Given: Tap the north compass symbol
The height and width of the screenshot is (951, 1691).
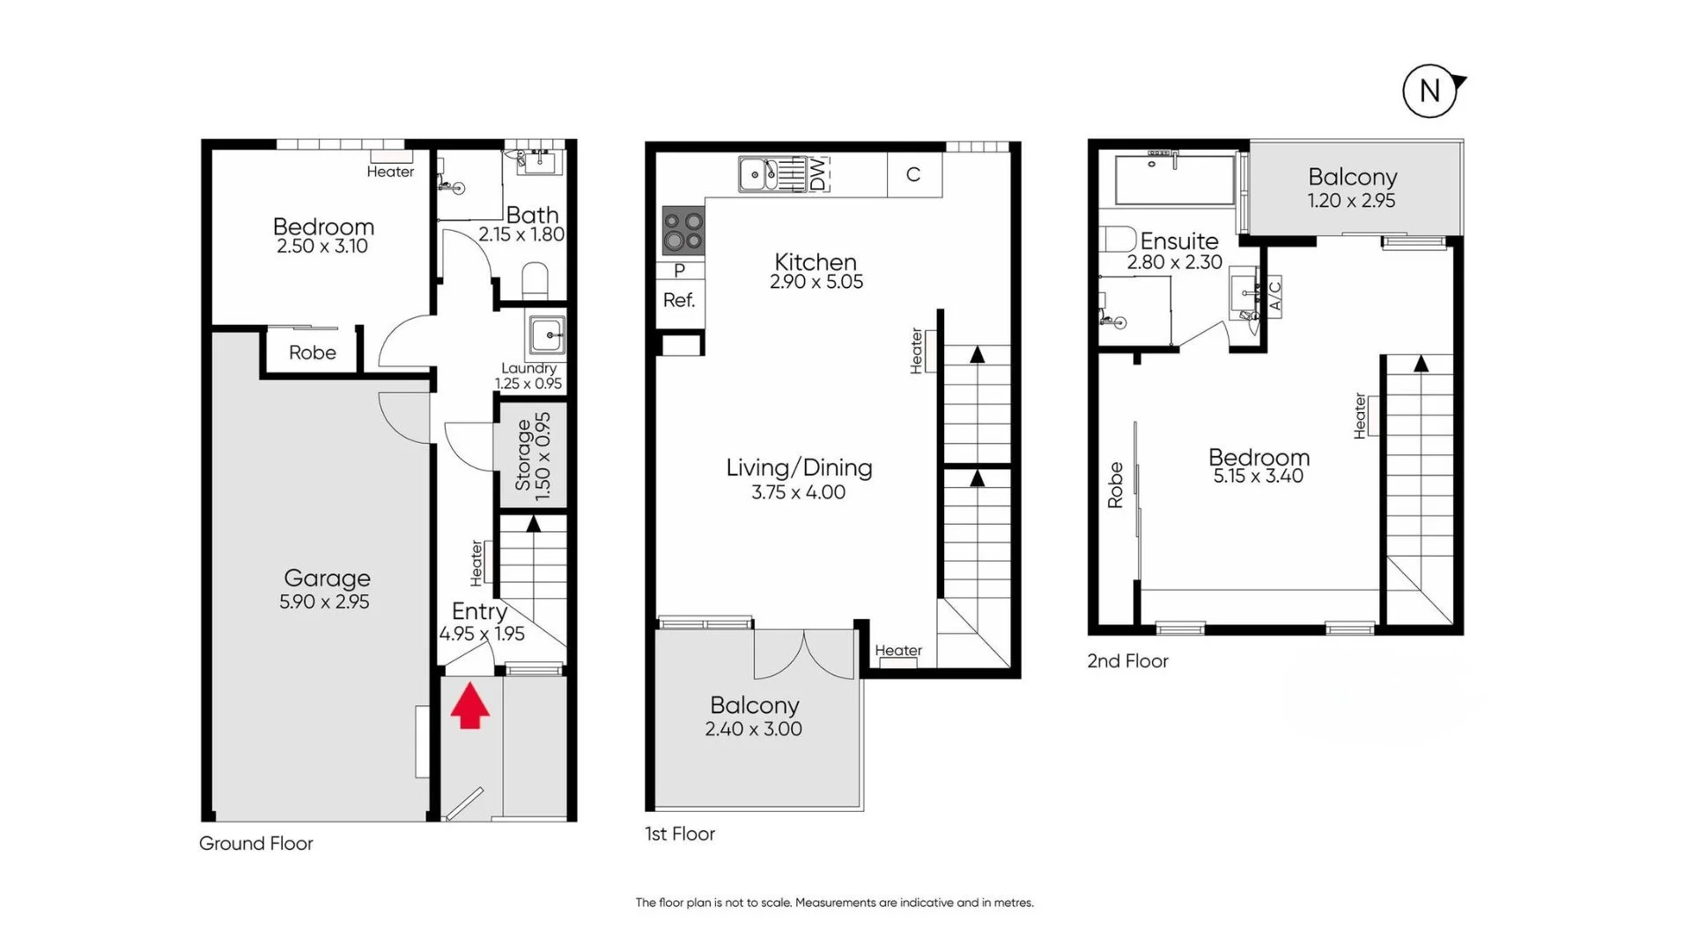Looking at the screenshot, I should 1429,91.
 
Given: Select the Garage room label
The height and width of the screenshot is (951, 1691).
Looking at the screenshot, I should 327,579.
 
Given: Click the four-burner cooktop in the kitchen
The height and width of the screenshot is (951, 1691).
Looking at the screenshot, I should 683,230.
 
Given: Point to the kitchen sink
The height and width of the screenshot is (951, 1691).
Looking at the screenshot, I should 757,174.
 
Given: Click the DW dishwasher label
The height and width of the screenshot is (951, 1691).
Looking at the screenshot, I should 818,174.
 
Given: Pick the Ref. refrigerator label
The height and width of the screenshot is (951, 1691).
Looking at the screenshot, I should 679,300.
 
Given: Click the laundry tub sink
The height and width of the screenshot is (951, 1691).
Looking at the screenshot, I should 547,335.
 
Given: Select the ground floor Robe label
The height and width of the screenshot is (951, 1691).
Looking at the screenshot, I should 313,353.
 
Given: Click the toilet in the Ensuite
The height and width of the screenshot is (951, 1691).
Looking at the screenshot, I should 1119,240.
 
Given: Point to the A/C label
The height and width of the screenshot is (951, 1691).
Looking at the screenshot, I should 1274,296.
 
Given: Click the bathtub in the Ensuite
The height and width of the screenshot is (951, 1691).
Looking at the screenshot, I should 1175,180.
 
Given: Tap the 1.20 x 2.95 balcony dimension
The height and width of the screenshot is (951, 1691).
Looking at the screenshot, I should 1351,201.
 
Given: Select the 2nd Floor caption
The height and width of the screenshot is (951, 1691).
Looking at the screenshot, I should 1127,661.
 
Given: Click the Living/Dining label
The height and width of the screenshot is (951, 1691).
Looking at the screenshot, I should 799,468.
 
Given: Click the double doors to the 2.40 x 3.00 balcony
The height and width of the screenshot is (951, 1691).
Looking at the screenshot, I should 804,653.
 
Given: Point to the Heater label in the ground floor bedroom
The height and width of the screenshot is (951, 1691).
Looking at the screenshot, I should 390,172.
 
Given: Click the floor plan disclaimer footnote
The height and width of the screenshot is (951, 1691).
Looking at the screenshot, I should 834,903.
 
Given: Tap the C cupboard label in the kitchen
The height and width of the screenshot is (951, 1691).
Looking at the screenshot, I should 913,175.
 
